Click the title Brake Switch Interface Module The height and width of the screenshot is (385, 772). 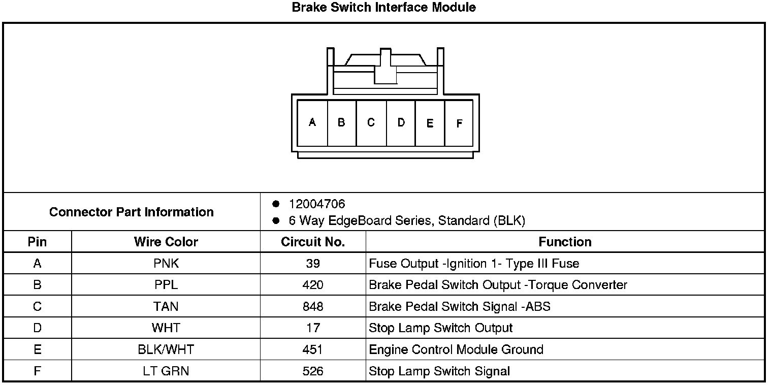point(384,8)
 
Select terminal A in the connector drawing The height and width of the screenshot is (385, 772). point(312,122)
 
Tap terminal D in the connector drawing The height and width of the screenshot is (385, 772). point(401,122)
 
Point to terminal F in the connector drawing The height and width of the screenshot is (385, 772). point(459,123)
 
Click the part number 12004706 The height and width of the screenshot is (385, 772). point(316,204)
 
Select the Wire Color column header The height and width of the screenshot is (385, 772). point(166,242)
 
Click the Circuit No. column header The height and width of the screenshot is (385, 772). point(313,242)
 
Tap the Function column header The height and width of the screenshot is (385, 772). point(565,242)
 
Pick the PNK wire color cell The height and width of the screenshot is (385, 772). point(166,264)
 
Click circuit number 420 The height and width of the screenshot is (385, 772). point(313,285)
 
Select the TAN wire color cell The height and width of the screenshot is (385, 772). point(166,307)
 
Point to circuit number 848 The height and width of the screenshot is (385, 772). point(313,307)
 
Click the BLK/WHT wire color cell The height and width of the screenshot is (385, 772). point(166,349)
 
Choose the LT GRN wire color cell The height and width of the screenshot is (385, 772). point(166,371)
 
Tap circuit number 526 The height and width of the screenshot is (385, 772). point(313,371)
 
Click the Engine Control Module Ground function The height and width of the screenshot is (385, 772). point(456,349)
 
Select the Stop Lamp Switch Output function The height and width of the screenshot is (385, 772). point(441,328)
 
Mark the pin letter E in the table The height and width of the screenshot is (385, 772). point(37,349)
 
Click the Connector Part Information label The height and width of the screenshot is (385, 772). point(131,212)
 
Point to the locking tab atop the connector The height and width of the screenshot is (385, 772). point(385,66)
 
